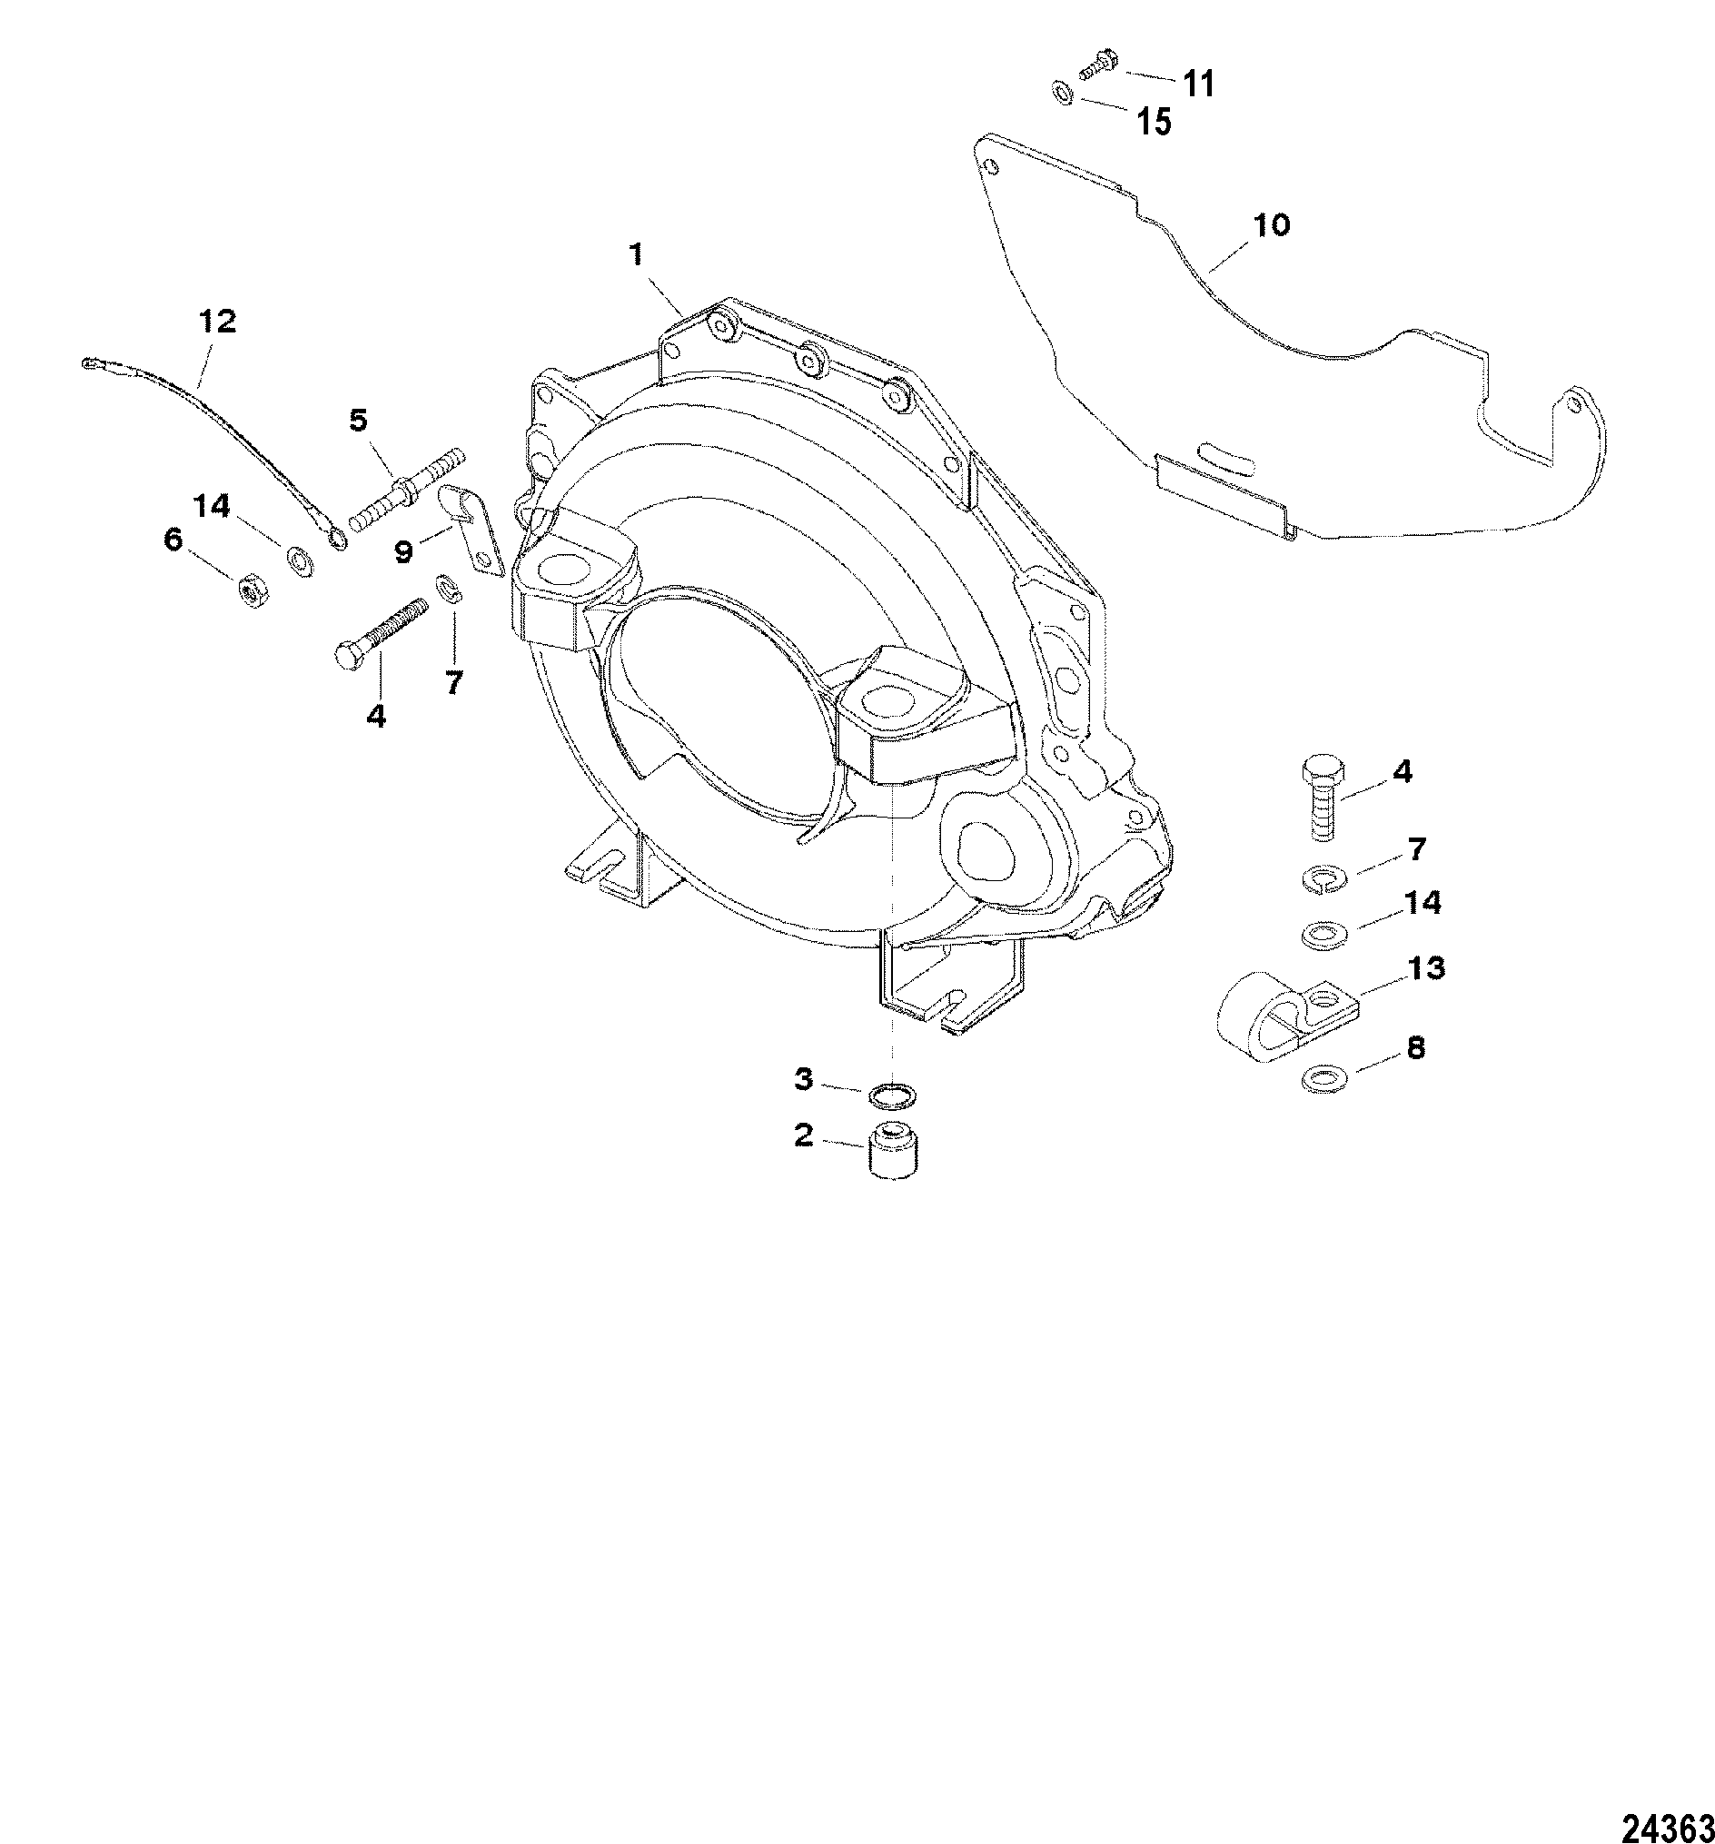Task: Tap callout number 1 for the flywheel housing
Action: tap(636, 254)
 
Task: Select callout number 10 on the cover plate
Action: tap(1272, 224)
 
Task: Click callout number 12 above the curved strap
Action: tap(217, 321)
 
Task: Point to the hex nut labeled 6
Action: tap(249, 589)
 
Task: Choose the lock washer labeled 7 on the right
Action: tap(1324, 880)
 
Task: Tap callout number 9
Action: tap(402, 552)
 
